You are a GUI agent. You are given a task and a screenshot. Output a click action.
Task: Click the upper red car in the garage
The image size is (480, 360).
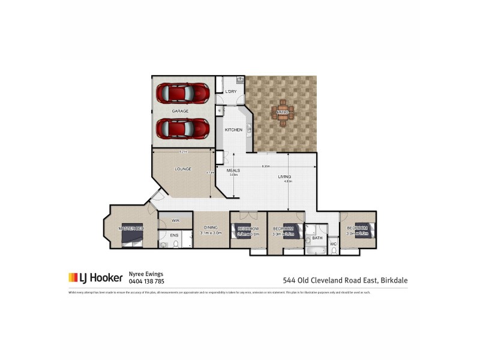pos(183,94)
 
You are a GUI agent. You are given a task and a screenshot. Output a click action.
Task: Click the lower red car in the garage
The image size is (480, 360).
pos(183,128)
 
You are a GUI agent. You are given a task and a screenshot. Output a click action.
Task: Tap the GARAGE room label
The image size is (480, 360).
pos(180,111)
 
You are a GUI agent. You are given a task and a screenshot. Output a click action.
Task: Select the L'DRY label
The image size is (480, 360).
pos(231,92)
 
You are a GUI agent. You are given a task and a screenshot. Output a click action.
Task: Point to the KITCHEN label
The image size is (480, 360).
pos(233,130)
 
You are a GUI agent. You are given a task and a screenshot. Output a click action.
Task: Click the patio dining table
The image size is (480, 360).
pos(283,112)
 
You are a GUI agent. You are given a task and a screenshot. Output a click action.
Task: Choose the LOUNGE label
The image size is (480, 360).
pos(183,169)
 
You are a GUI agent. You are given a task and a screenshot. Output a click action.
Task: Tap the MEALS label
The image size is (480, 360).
pos(233,170)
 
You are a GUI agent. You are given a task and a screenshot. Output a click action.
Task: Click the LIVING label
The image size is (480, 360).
pos(284,176)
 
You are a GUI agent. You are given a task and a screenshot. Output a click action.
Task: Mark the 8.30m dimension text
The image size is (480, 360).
pos(266,166)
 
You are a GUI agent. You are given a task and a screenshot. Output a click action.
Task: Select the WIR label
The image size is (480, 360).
pos(176,221)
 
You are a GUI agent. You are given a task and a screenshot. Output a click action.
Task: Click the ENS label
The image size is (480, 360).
pos(174,235)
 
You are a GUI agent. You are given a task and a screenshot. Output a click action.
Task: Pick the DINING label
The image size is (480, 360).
pos(211,227)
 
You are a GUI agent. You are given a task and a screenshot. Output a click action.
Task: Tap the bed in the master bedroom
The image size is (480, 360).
pos(132,238)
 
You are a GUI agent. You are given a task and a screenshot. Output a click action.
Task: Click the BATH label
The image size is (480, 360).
pos(317,238)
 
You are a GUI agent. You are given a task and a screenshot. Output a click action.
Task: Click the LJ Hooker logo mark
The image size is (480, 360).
pos(73,277)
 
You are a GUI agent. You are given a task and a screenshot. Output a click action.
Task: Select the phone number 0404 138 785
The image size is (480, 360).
pos(146,281)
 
